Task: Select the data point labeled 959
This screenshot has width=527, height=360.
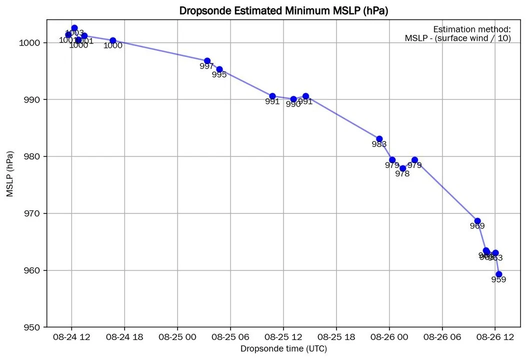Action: [498, 274]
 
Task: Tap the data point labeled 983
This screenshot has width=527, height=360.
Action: [379, 139]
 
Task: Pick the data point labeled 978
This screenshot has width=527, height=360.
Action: [403, 168]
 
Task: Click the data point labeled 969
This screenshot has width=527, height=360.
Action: [477, 221]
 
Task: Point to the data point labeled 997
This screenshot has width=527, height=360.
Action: [207, 61]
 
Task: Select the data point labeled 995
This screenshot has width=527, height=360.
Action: [219, 69]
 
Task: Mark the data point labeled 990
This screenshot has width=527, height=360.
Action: [293, 99]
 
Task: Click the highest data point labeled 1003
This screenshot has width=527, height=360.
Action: [74, 28]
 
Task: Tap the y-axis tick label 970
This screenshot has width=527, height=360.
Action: [32, 213]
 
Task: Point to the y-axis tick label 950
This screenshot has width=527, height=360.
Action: [32, 327]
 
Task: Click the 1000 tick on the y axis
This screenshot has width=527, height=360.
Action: [30, 43]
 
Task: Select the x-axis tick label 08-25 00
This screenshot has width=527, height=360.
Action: [177, 337]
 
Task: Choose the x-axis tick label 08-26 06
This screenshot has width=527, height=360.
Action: [442, 337]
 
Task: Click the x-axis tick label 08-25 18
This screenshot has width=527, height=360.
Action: [336, 337]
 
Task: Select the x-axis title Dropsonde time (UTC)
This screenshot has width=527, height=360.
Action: [283, 348]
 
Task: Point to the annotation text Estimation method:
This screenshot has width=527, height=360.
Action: [472, 29]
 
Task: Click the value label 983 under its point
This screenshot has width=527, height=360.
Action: [379, 144]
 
